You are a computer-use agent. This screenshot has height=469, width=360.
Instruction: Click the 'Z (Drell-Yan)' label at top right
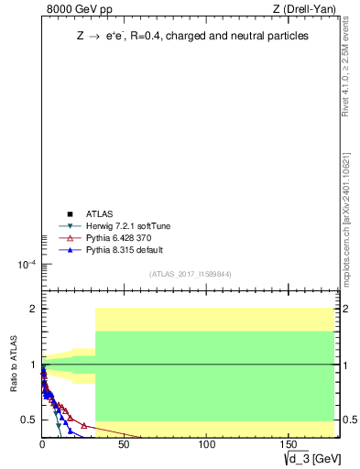click(x=304, y=9)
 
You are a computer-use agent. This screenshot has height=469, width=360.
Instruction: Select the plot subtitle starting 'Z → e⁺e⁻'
click(x=191, y=36)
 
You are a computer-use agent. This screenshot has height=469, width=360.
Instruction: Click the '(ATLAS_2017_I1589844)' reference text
click(x=190, y=274)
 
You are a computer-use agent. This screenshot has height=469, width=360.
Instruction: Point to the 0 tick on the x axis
click(x=42, y=445)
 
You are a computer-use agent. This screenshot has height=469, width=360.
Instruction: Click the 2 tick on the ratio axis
click(x=33, y=309)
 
